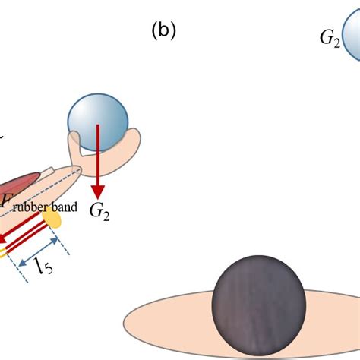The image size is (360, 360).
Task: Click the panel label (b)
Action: click(163, 30)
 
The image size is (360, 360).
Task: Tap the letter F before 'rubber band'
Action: click(8, 201)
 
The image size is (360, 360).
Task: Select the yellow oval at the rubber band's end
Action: click(52, 218)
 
